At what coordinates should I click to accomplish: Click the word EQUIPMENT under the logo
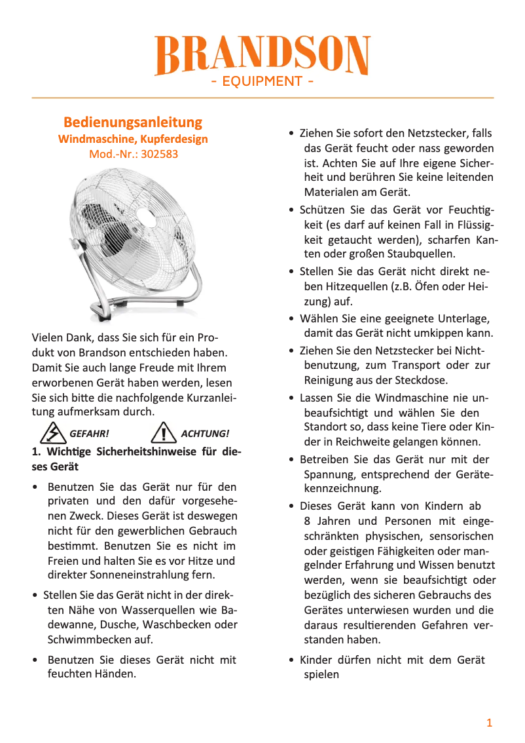tap(262, 82)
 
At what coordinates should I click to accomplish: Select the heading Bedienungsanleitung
tap(133, 123)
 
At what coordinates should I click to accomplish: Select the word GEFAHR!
tap(88, 434)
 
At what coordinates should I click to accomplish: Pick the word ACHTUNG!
tap(205, 434)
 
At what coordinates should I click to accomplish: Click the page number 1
tap(489, 723)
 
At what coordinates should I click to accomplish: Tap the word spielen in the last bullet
tap(321, 674)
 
